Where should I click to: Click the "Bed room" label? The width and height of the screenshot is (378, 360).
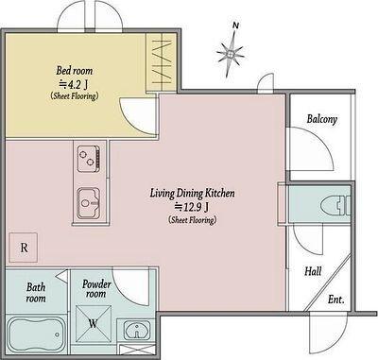[x=75, y=71]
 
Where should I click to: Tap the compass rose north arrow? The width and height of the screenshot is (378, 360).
[x=231, y=54]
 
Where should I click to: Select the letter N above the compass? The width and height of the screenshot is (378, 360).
[x=235, y=26]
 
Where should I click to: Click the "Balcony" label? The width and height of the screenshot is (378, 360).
[x=322, y=119]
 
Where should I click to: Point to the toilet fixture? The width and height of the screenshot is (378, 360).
[x=335, y=206]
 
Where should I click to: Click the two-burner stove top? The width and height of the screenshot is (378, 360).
[x=89, y=159]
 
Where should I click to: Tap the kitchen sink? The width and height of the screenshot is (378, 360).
[x=89, y=203]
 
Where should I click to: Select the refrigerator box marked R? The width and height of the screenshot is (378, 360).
[x=24, y=248]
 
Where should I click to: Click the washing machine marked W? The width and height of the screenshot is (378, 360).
[x=94, y=324]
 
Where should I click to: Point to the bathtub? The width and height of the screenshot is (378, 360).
[x=36, y=334]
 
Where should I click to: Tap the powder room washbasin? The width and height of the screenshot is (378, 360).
[x=136, y=330]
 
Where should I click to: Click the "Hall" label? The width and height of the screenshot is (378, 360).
[x=313, y=271]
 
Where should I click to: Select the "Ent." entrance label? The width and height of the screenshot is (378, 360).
[x=335, y=300]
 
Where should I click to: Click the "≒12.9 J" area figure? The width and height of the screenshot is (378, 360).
[x=192, y=207]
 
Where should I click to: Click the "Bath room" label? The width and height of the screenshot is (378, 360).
[x=36, y=293]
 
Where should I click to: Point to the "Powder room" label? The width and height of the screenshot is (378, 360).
[x=96, y=289]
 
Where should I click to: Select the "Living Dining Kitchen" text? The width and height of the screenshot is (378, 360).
[x=192, y=193]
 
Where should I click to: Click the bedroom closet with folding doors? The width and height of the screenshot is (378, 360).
[x=162, y=61]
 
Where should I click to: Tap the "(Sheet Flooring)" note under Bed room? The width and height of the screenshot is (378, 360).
[x=75, y=96]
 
